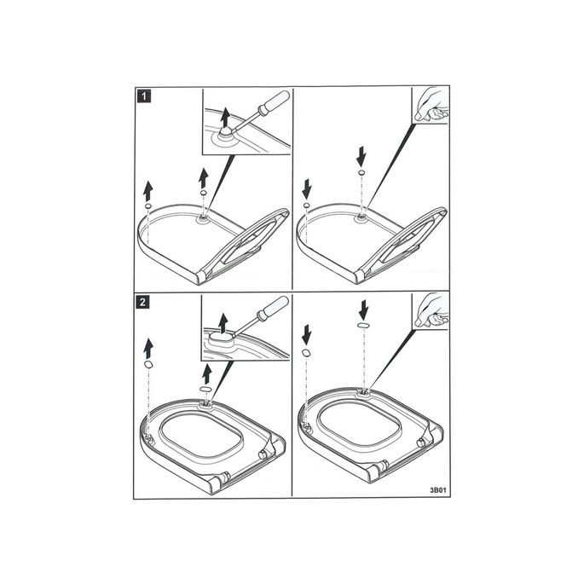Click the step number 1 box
click(x=146, y=96)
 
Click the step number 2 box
click(x=146, y=302)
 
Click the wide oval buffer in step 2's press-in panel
click(x=362, y=325)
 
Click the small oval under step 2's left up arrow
click(x=148, y=364)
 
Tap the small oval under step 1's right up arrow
click(x=203, y=194)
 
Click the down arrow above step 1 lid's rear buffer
click(x=362, y=155)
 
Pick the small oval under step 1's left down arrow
click(x=307, y=205)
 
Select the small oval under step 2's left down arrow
click(x=307, y=351)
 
